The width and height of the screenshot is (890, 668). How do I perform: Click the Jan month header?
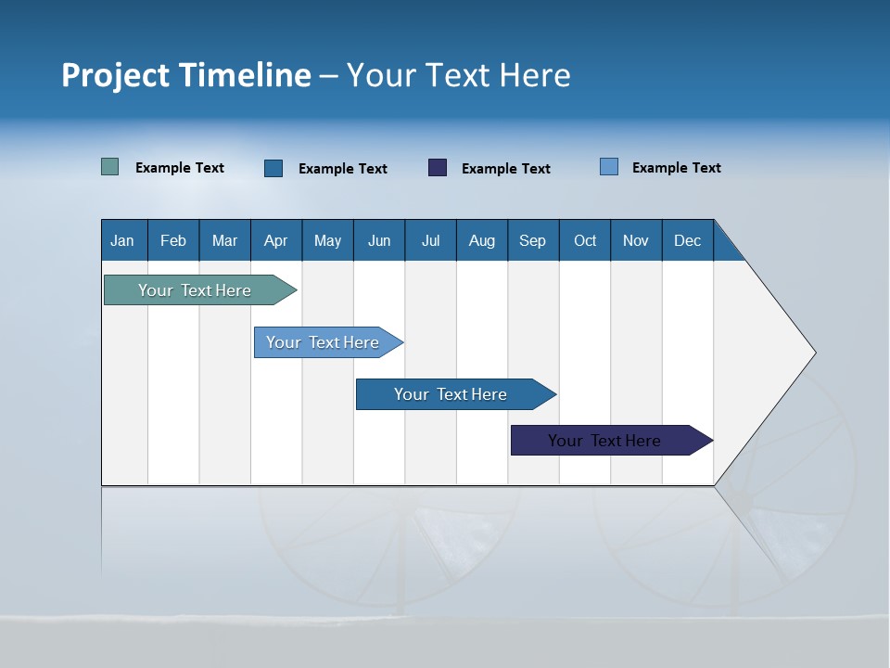coord(123,240)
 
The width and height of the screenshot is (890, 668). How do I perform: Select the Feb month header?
coord(173,240)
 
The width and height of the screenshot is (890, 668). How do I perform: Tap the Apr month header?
coord(276,240)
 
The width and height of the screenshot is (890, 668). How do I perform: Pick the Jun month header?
coord(379,240)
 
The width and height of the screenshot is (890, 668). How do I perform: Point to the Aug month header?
coord(482,240)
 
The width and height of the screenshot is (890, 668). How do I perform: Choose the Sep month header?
coord(533,240)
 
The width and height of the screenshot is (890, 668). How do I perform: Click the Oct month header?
coord(585,240)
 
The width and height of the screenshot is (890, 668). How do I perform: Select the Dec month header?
coord(688,240)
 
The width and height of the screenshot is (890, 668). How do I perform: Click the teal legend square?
coord(110,167)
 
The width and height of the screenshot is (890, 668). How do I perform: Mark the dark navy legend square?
coord(438,168)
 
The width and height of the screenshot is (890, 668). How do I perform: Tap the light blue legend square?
coord(609,167)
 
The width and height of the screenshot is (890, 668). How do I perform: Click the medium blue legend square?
coord(273,168)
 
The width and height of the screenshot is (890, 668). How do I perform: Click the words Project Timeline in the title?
coord(186,75)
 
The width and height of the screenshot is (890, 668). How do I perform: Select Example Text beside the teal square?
coord(180,168)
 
